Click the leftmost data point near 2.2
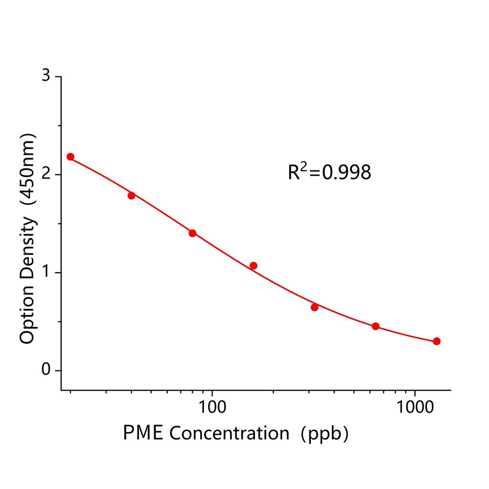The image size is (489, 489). pyautogui.click(x=70, y=157)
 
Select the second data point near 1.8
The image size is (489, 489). pyautogui.click(x=131, y=195)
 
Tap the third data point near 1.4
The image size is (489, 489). pyautogui.click(x=192, y=233)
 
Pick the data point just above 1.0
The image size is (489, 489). pyautogui.click(x=254, y=266)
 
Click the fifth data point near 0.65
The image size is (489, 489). pyautogui.click(x=315, y=307)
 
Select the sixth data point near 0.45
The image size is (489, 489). pyautogui.click(x=375, y=326)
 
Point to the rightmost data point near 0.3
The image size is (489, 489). pyautogui.click(x=436, y=341)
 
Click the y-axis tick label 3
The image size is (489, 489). pyautogui.click(x=45, y=76)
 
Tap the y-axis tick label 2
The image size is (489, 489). pyautogui.click(x=45, y=174)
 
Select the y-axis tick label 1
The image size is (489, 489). pyautogui.click(x=45, y=272)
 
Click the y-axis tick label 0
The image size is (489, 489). pyautogui.click(x=45, y=370)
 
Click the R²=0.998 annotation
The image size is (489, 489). pyautogui.click(x=329, y=172)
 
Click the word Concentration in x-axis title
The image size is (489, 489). pyautogui.click(x=229, y=433)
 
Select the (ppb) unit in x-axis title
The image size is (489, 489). pyautogui.click(x=325, y=433)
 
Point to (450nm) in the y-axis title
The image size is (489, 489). pyautogui.click(x=27, y=172)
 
